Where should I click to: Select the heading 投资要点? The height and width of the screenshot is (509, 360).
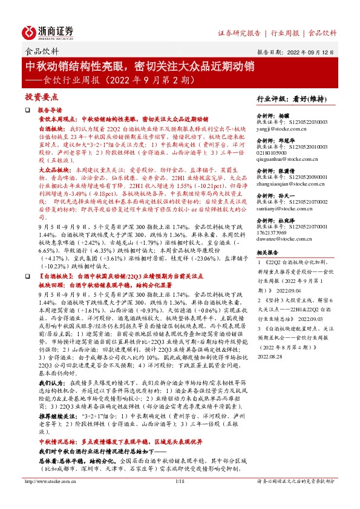(x=41, y=97)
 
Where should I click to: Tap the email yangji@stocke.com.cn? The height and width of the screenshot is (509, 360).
(x=282, y=129)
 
